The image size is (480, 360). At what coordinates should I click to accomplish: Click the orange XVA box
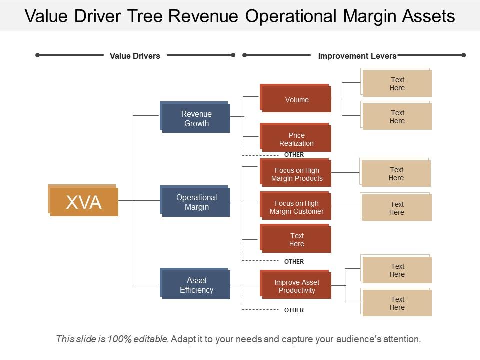pyautogui.click(x=83, y=201)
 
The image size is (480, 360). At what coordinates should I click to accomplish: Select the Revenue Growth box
pyautogui.click(x=196, y=119)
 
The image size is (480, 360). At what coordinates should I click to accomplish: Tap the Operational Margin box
pyautogui.click(x=196, y=202)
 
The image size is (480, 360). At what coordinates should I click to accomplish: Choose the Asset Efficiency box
pyautogui.click(x=196, y=285)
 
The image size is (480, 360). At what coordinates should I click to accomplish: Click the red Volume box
pyautogui.click(x=296, y=100)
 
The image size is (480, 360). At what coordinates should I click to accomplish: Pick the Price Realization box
pyautogui.click(x=296, y=139)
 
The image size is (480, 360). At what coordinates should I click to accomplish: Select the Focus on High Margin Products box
pyautogui.click(x=296, y=174)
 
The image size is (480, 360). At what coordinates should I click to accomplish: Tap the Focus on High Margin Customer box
pyautogui.click(x=296, y=207)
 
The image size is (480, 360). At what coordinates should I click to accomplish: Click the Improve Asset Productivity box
pyautogui.click(x=296, y=286)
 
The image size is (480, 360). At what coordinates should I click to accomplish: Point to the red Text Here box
pyautogui.click(x=296, y=240)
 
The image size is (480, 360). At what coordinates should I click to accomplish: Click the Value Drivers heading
pyautogui.click(x=135, y=56)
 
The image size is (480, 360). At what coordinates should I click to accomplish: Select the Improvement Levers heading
pyautogui.click(x=357, y=56)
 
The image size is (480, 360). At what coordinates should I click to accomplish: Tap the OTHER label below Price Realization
pyautogui.click(x=294, y=155)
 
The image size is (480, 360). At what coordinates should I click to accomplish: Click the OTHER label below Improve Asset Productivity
pyautogui.click(x=294, y=310)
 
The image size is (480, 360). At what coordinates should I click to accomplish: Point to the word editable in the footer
pyautogui.click(x=151, y=339)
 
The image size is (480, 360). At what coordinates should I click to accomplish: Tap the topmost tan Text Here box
pyautogui.click(x=397, y=84)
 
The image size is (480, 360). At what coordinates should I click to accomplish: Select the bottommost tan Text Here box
pyautogui.click(x=397, y=303)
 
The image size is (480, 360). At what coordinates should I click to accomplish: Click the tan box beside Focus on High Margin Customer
pyautogui.click(x=396, y=208)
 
